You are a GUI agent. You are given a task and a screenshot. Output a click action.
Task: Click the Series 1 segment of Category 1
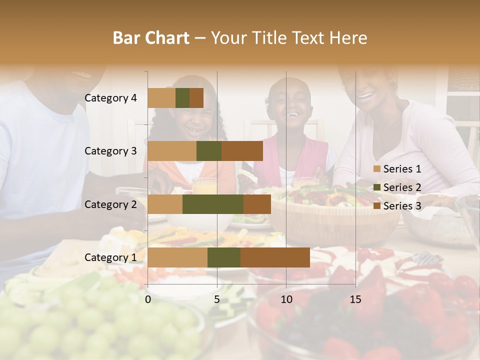coord(177,257)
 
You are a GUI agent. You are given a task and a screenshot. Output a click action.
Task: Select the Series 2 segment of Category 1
coord(224,257)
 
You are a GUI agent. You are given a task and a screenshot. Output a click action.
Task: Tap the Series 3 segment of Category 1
coord(275,257)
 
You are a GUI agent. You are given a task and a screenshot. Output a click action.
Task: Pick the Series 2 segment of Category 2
coord(213,204)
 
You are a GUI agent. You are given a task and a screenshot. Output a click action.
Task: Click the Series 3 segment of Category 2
coord(257,204)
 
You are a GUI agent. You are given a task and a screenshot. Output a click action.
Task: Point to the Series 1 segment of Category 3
coord(172,151)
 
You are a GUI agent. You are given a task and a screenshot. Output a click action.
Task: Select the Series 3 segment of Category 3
coord(242,151)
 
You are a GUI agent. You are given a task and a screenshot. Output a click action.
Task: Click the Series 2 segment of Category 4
coord(182,98)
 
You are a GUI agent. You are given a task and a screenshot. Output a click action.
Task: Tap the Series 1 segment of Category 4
coord(161,98)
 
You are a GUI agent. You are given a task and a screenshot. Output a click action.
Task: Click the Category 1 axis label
coord(110,257)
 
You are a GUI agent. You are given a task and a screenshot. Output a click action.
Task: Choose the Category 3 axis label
coord(110,151)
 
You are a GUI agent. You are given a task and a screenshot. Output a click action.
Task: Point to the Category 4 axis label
coord(110,98)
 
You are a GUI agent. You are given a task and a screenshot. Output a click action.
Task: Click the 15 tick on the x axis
coord(355,299)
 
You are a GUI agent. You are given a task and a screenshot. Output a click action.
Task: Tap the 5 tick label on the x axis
coord(217,299)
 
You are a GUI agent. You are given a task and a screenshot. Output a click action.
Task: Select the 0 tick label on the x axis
coord(148,299)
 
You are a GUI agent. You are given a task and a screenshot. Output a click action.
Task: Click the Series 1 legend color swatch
coord(377,169)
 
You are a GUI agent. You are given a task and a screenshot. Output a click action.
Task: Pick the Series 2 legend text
coord(402,187)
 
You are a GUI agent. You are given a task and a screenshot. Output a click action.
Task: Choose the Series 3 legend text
coord(402,206)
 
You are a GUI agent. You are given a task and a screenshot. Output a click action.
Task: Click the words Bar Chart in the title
coord(150,38)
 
